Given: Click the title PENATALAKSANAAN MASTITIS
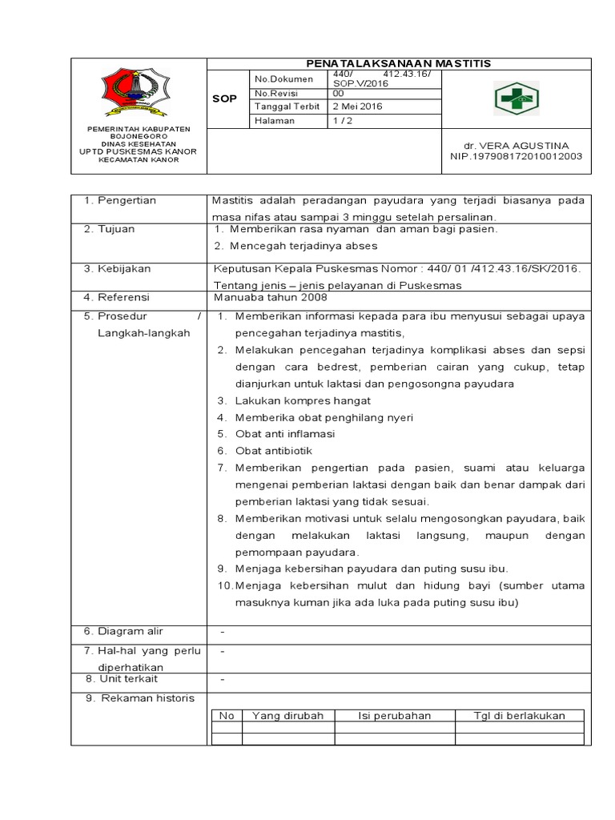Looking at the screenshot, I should pos(400,63).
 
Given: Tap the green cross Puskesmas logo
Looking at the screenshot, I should pos(515,98).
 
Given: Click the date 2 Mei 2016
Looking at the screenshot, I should pos(357,107).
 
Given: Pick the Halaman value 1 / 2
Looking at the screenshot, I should pos(341,121).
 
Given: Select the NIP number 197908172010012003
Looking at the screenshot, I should pos(516,157).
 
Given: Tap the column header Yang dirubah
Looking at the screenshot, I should pos(287,715).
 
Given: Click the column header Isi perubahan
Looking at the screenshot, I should pos(394,715).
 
